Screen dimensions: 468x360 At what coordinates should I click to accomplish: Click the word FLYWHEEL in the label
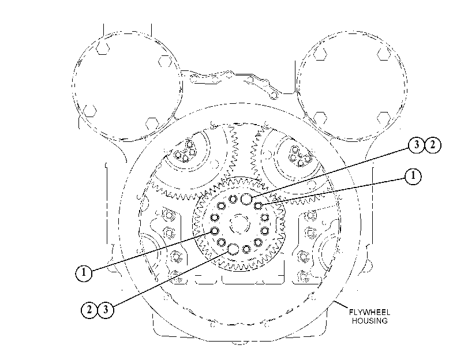pyautogui.click(x=369, y=313)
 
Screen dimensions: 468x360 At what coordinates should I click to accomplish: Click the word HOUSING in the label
pyautogui.click(x=369, y=321)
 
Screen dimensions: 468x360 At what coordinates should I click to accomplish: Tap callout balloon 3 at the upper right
pyautogui.click(x=416, y=145)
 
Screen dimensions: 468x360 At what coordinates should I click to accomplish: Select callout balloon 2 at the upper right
pyautogui.click(x=432, y=145)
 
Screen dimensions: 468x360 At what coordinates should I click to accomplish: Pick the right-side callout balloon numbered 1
pyautogui.click(x=413, y=176)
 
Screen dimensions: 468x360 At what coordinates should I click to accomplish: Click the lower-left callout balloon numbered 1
pyautogui.click(x=84, y=273)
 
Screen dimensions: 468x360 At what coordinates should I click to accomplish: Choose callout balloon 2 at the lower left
pyautogui.click(x=89, y=310)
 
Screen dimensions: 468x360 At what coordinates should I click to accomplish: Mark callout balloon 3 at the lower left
pyautogui.click(x=106, y=310)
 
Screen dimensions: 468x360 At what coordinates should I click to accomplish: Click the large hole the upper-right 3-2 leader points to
pyautogui.click(x=246, y=199)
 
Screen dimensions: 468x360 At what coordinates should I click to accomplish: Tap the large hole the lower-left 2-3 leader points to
pyautogui.click(x=233, y=249)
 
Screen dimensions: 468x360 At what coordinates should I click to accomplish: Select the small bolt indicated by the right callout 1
pyautogui.click(x=258, y=205)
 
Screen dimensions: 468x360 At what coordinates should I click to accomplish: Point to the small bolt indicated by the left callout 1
pyautogui.click(x=214, y=231)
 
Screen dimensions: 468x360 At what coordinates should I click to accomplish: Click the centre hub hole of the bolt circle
pyautogui.click(x=239, y=224)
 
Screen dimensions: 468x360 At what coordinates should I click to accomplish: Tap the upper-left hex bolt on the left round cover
pyautogui.click(x=102, y=48)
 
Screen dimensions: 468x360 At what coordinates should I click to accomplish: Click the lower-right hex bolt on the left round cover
pyautogui.click(x=152, y=124)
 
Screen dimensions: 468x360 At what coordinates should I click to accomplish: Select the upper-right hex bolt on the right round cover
pyautogui.click(x=384, y=54)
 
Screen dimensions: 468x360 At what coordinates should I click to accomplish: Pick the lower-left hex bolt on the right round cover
pyautogui.click(x=320, y=118)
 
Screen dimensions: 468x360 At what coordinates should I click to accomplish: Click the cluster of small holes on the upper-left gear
pyautogui.click(x=185, y=151)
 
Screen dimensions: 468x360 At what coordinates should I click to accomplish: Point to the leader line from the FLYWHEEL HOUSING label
pyautogui.click(x=340, y=305)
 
